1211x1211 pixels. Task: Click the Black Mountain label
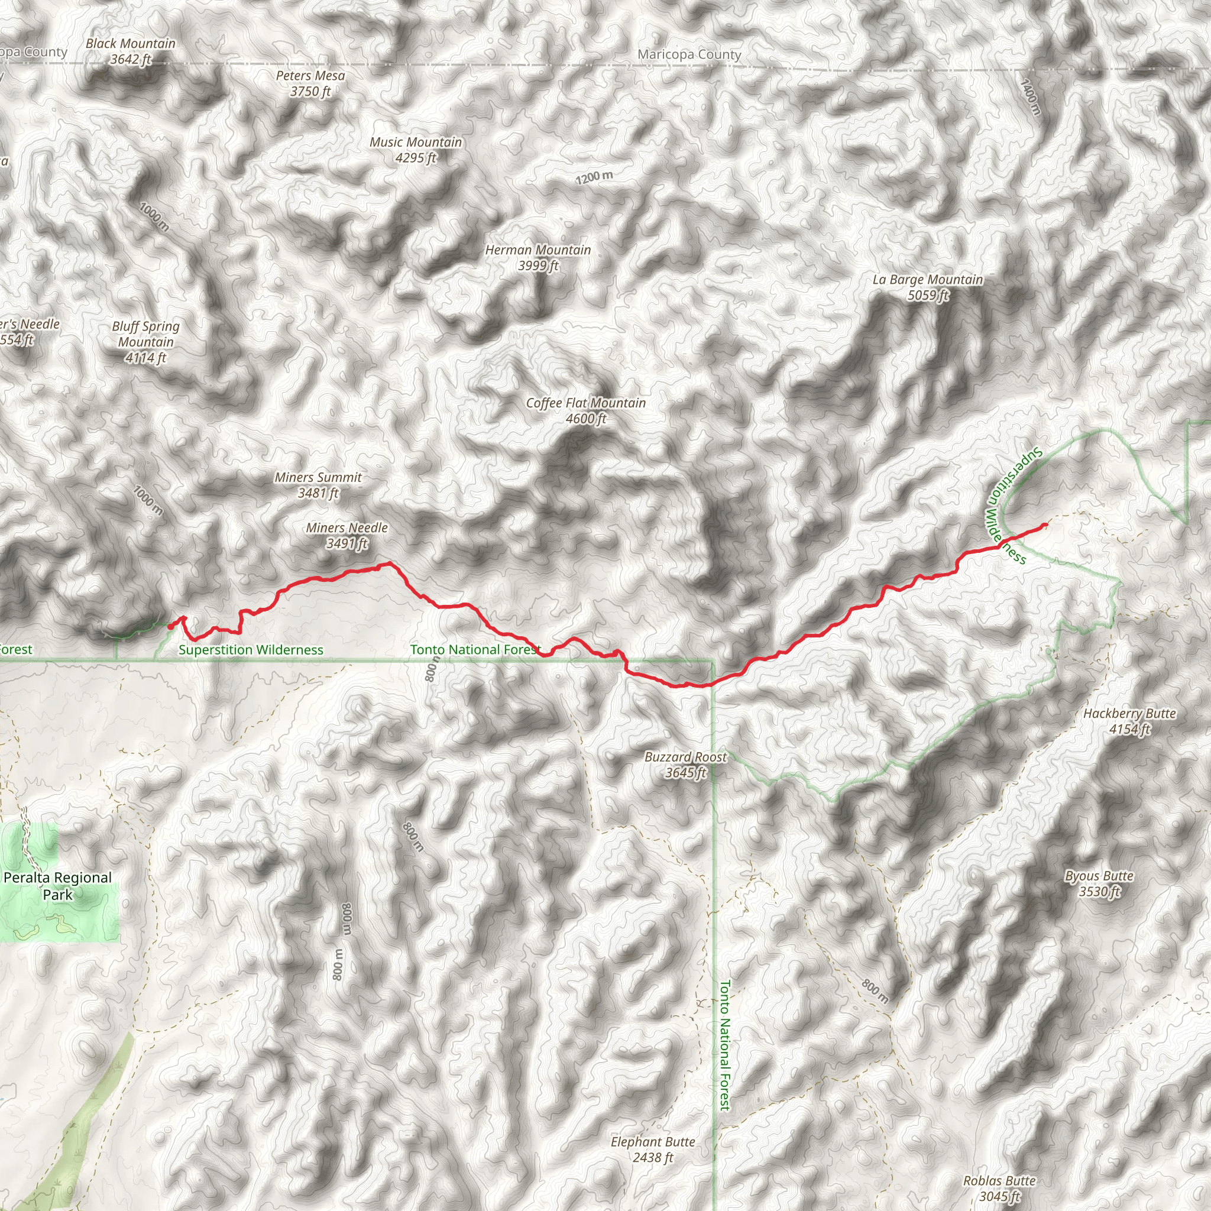[x=130, y=51]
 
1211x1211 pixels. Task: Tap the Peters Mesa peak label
[x=310, y=83]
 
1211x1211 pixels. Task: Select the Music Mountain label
[x=416, y=150]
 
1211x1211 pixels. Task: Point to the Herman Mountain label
[x=538, y=258]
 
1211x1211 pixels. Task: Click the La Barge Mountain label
[x=928, y=287]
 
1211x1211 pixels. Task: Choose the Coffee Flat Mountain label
[x=585, y=410]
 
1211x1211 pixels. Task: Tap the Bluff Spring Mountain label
[x=145, y=342]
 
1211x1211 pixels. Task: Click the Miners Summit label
[x=318, y=485]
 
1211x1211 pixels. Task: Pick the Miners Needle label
[x=347, y=535]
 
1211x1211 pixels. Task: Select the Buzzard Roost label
[x=685, y=765]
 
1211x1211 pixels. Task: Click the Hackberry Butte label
[x=1129, y=721]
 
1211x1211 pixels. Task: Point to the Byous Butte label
[x=1099, y=883]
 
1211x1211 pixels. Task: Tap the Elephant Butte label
[x=653, y=1150]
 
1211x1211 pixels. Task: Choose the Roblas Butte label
[x=999, y=1189]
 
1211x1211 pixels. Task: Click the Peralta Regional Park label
[x=58, y=886]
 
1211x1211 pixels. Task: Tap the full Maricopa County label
[x=689, y=54]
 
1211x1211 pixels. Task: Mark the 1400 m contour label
[x=1031, y=96]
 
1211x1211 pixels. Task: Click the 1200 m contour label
[x=594, y=177]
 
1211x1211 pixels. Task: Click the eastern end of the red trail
[x=1045, y=524]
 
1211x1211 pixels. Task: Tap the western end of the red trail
[x=170, y=626]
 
